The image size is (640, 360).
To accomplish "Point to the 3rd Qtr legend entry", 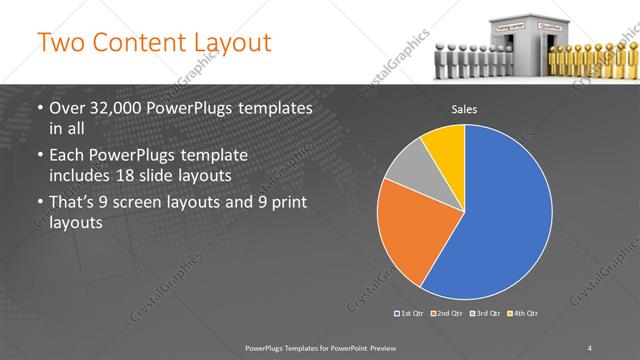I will click(485, 314).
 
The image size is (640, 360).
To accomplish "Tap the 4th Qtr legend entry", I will click(523, 314).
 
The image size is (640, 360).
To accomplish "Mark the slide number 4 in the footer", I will click(589, 347).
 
